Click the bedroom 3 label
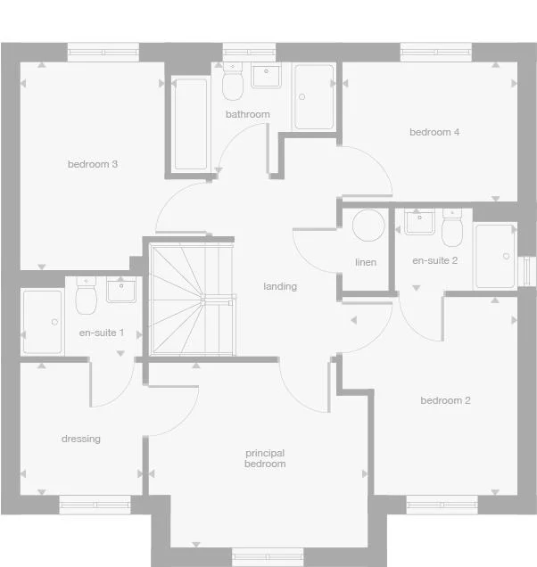click(93, 164)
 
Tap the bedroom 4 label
click(434, 133)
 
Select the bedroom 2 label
click(445, 400)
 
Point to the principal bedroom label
click(265, 458)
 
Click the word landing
click(280, 287)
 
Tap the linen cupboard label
click(366, 263)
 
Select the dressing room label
click(81, 439)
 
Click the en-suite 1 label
click(102, 333)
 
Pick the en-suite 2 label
click(434, 261)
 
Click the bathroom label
click(247, 115)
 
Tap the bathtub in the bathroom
click(191, 124)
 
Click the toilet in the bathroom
click(234, 83)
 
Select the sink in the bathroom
click(267, 76)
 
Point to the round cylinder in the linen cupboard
click(368, 226)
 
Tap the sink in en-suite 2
click(418, 221)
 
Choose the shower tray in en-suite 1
click(42, 321)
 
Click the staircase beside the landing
click(192, 299)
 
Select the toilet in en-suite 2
click(451, 230)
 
